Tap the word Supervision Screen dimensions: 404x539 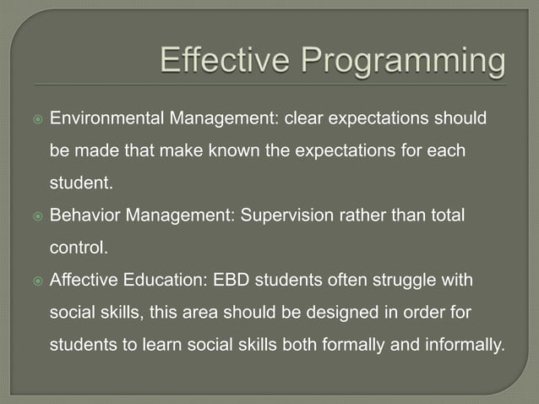[x=284, y=215]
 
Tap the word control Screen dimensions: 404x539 [x=77, y=248]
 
